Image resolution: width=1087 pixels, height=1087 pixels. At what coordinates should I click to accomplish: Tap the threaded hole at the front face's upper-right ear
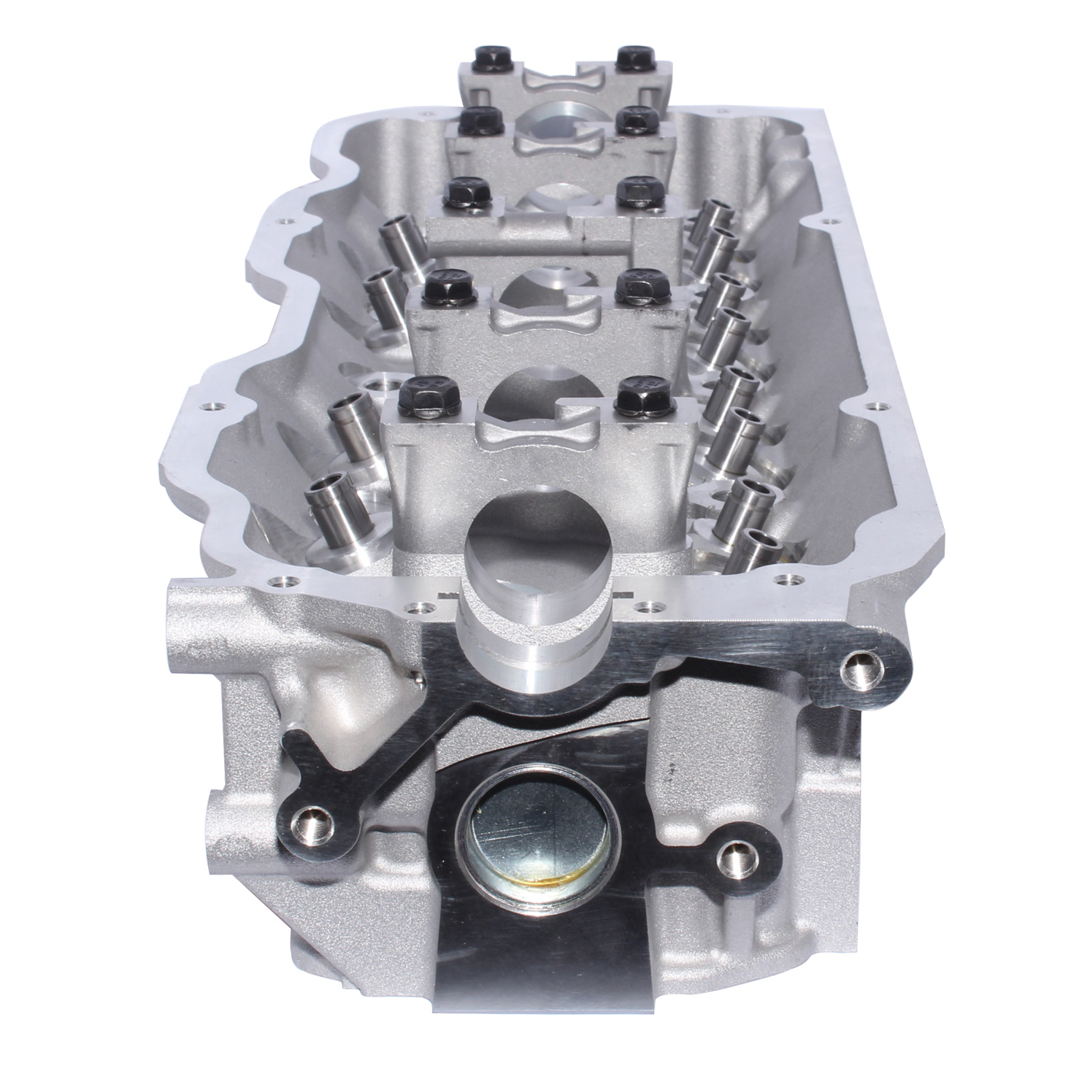pos(861,670)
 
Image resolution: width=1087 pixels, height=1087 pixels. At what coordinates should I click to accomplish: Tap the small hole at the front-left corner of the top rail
pos(277,583)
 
